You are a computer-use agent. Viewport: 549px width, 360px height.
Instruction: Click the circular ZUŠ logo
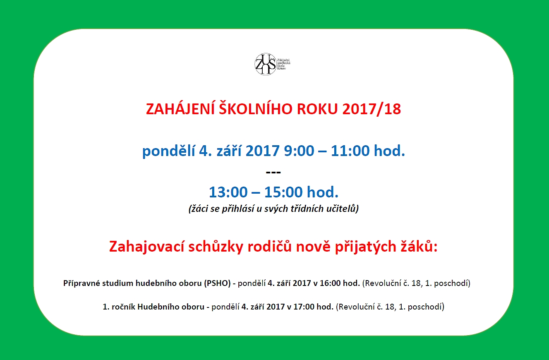[x=266, y=64]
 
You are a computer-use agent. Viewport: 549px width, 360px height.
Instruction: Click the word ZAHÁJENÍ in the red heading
[x=180, y=109]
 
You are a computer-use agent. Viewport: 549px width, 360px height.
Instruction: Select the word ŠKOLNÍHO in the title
[x=255, y=109]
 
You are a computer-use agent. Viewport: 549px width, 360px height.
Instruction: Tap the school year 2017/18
[x=372, y=109]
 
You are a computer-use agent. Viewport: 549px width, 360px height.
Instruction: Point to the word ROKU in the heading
[x=317, y=109]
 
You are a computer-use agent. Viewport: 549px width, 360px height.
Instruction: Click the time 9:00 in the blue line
[x=299, y=151]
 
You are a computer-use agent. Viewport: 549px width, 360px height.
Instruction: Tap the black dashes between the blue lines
[x=273, y=172]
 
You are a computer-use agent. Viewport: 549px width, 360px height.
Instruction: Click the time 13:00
[x=228, y=192]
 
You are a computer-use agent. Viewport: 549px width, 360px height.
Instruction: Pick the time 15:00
[x=283, y=192]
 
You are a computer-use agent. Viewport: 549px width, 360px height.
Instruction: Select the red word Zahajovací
[x=146, y=247]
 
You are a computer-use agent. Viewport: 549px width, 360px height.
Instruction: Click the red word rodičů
[x=270, y=246]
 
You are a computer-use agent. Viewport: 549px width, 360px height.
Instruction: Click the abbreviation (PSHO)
[x=217, y=283]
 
